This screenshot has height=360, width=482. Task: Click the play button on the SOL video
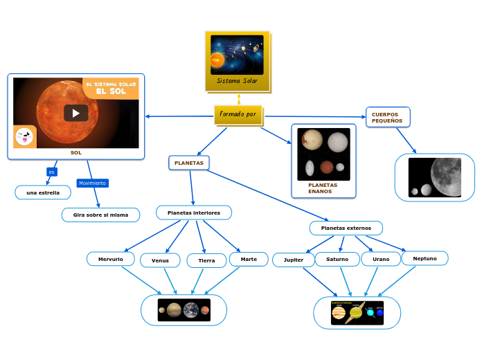click(76, 113)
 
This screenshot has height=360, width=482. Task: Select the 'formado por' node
click(238, 114)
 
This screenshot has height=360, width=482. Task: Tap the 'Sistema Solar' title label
click(237, 81)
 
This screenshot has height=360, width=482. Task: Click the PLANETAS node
click(188, 163)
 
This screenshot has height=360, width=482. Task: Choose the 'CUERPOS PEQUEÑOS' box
click(387, 117)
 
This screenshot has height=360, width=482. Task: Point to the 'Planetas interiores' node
click(194, 213)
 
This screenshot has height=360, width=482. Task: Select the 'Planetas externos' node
click(346, 228)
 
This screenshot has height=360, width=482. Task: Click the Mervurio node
click(111, 259)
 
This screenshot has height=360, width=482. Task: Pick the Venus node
click(160, 260)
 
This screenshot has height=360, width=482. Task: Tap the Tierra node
click(206, 260)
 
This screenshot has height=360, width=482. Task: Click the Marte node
click(249, 259)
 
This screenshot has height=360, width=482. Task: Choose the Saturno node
click(337, 259)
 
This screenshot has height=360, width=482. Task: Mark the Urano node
click(381, 259)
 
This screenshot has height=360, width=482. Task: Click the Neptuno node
click(425, 258)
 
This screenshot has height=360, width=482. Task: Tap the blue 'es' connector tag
click(51, 172)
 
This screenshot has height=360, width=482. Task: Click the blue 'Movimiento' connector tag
click(92, 183)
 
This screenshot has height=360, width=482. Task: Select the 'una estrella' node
click(43, 192)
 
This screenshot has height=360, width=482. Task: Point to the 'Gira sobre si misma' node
click(100, 215)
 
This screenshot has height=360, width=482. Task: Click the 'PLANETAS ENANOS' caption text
click(323, 188)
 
